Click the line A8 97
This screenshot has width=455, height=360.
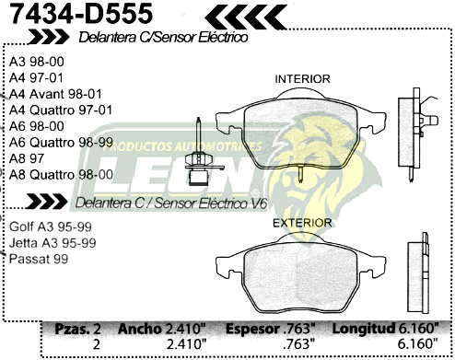point(27,157)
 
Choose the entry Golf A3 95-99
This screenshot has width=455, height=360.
point(52,226)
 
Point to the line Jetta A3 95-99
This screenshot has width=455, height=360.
point(52,242)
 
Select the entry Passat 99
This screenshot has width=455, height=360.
point(38,259)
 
